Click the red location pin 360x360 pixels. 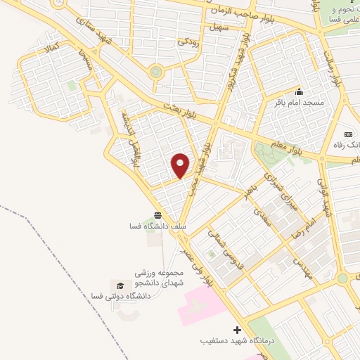[181, 165]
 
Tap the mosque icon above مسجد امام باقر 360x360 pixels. [299, 92]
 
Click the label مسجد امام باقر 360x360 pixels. [300, 103]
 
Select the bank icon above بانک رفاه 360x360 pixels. [348, 134]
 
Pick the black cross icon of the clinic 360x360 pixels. [237, 330]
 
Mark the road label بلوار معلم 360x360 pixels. [307, 149]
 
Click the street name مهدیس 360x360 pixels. [302, 265]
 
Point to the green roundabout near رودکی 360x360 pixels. [156, 71]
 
